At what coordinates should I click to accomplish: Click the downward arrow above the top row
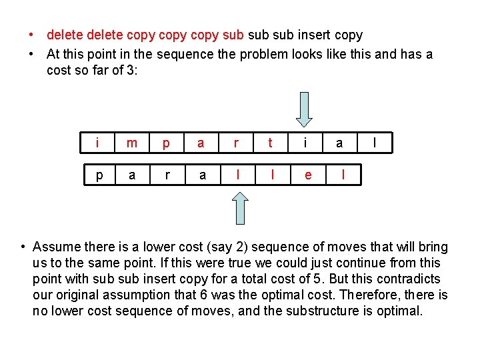pos(304,109)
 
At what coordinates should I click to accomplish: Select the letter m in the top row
pos(132,143)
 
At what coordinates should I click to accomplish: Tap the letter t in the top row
pos(270,143)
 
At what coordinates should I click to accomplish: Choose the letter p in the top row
pos(167,143)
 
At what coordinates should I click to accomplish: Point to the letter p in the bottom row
pos(98,175)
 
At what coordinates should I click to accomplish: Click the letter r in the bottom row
pos(167,175)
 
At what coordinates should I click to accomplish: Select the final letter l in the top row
pos(375,143)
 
